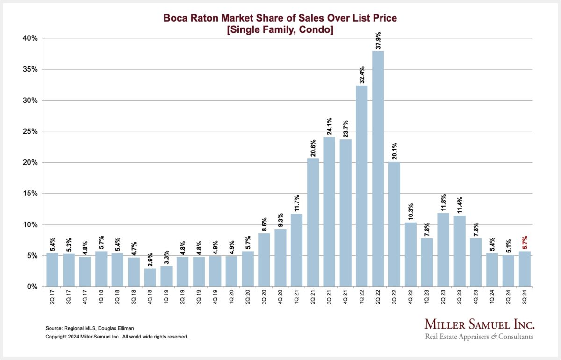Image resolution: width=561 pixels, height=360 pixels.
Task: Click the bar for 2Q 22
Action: click(x=378, y=168)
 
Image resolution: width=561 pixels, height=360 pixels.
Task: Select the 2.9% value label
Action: click(x=150, y=259)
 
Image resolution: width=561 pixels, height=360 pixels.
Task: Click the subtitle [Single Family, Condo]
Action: click(x=280, y=29)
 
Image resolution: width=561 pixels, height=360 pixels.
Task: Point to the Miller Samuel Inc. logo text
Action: click(x=480, y=324)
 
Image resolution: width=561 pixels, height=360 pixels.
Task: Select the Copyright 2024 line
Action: click(x=117, y=336)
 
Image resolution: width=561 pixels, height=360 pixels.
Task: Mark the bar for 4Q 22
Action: click(x=410, y=254)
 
